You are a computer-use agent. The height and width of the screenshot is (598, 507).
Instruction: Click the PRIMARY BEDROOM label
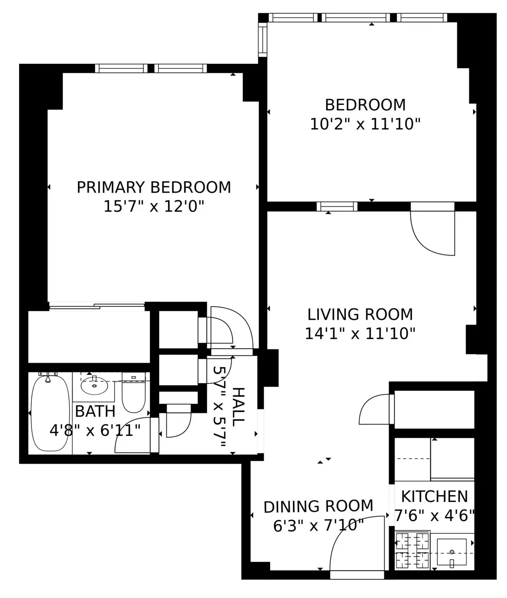(x=154, y=187)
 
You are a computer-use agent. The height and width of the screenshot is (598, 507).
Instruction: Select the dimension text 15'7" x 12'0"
(x=154, y=207)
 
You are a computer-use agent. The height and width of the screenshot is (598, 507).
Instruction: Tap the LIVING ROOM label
(x=360, y=314)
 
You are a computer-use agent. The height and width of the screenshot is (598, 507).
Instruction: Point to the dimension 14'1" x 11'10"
(x=360, y=334)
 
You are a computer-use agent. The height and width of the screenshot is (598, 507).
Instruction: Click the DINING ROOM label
(x=318, y=506)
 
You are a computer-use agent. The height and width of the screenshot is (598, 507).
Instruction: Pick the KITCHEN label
(x=434, y=496)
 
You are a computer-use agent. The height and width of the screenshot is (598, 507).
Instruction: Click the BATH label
(x=95, y=411)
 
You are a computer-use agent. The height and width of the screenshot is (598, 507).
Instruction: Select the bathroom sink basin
(x=94, y=385)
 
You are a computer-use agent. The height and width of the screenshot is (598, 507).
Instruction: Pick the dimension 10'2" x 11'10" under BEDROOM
(x=365, y=124)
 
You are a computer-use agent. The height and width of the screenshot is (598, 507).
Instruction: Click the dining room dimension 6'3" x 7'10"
(x=318, y=526)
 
